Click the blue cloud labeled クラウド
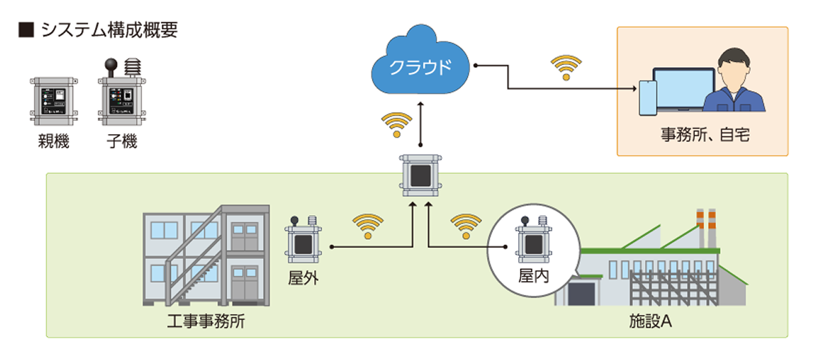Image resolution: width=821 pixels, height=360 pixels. [x=420, y=66]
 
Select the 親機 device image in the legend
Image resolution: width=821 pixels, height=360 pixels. [x=52, y=101]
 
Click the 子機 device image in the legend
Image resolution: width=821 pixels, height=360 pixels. [x=121, y=96]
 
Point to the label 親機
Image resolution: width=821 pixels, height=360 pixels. [x=53, y=141]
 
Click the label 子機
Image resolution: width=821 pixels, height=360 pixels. [x=121, y=141]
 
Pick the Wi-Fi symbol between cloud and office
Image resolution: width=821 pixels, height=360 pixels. [x=566, y=67]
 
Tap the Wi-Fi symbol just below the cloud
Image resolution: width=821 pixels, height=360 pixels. [x=397, y=125]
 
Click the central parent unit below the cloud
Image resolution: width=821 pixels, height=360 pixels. [x=420, y=174]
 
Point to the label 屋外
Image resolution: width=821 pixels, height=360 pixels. [x=303, y=278]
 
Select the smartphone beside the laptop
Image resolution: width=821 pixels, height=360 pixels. [x=646, y=98]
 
